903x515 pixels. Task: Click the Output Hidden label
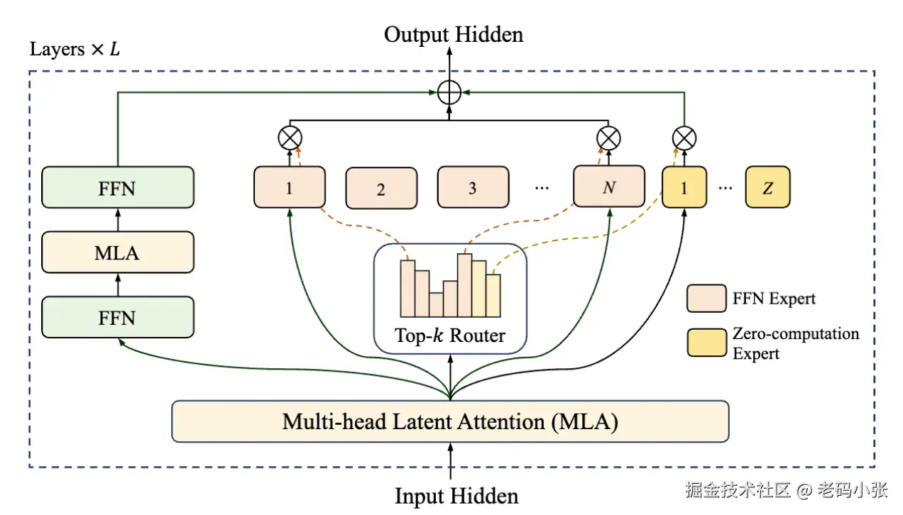tap(454, 35)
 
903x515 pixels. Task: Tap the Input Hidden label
tap(456, 495)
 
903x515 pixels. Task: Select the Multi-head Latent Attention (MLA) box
tap(450, 421)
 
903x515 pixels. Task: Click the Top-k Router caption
tap(450, 335)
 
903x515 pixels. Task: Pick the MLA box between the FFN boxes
tap(117, 252)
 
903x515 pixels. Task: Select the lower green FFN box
tap(117, 317)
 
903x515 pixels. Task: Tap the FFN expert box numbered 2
tap(381, 188)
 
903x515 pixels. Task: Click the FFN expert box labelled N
tap(609, 187)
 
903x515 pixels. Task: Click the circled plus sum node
tap(449, 93)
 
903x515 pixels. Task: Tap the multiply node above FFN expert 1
tap(289, 138)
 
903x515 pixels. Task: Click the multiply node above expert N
tap(609, 138)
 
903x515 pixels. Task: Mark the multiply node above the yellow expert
tap(684, 138)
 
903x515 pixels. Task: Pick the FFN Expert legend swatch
tap(706, 298)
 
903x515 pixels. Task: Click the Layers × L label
tap(75, 50)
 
